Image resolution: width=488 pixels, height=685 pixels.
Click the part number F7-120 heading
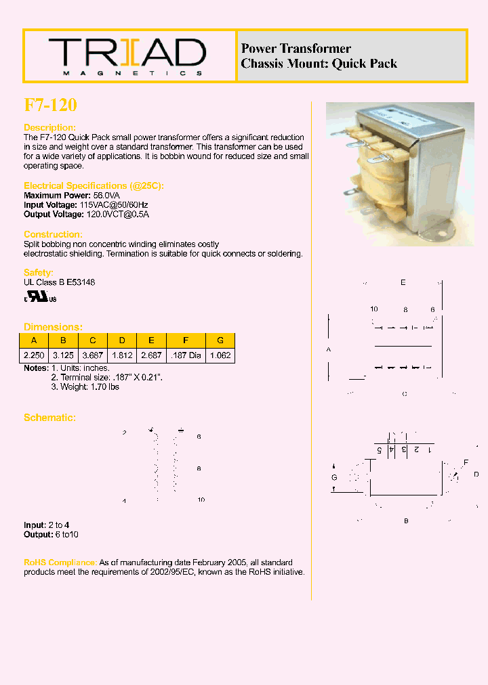point(51,105)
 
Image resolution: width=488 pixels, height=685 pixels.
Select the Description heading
point(49,128)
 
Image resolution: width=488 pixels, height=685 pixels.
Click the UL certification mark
point(41,297)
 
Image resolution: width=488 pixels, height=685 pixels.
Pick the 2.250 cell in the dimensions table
point(34,355)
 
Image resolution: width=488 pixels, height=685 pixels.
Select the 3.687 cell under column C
point(93,355)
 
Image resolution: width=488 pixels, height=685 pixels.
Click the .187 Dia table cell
point(185,355)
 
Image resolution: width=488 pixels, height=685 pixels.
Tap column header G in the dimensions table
point(220,340)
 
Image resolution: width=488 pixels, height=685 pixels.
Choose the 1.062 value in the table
point(220,355)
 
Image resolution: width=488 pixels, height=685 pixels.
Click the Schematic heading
point(49,418)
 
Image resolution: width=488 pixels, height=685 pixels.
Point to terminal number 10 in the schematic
point(201,500)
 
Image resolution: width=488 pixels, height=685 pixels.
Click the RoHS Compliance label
point(60,562)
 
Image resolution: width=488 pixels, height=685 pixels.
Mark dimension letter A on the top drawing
point(329,350)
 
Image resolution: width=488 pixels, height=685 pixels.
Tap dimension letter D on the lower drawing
point(476,474)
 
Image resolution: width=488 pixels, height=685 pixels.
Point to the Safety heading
point(38,273)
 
